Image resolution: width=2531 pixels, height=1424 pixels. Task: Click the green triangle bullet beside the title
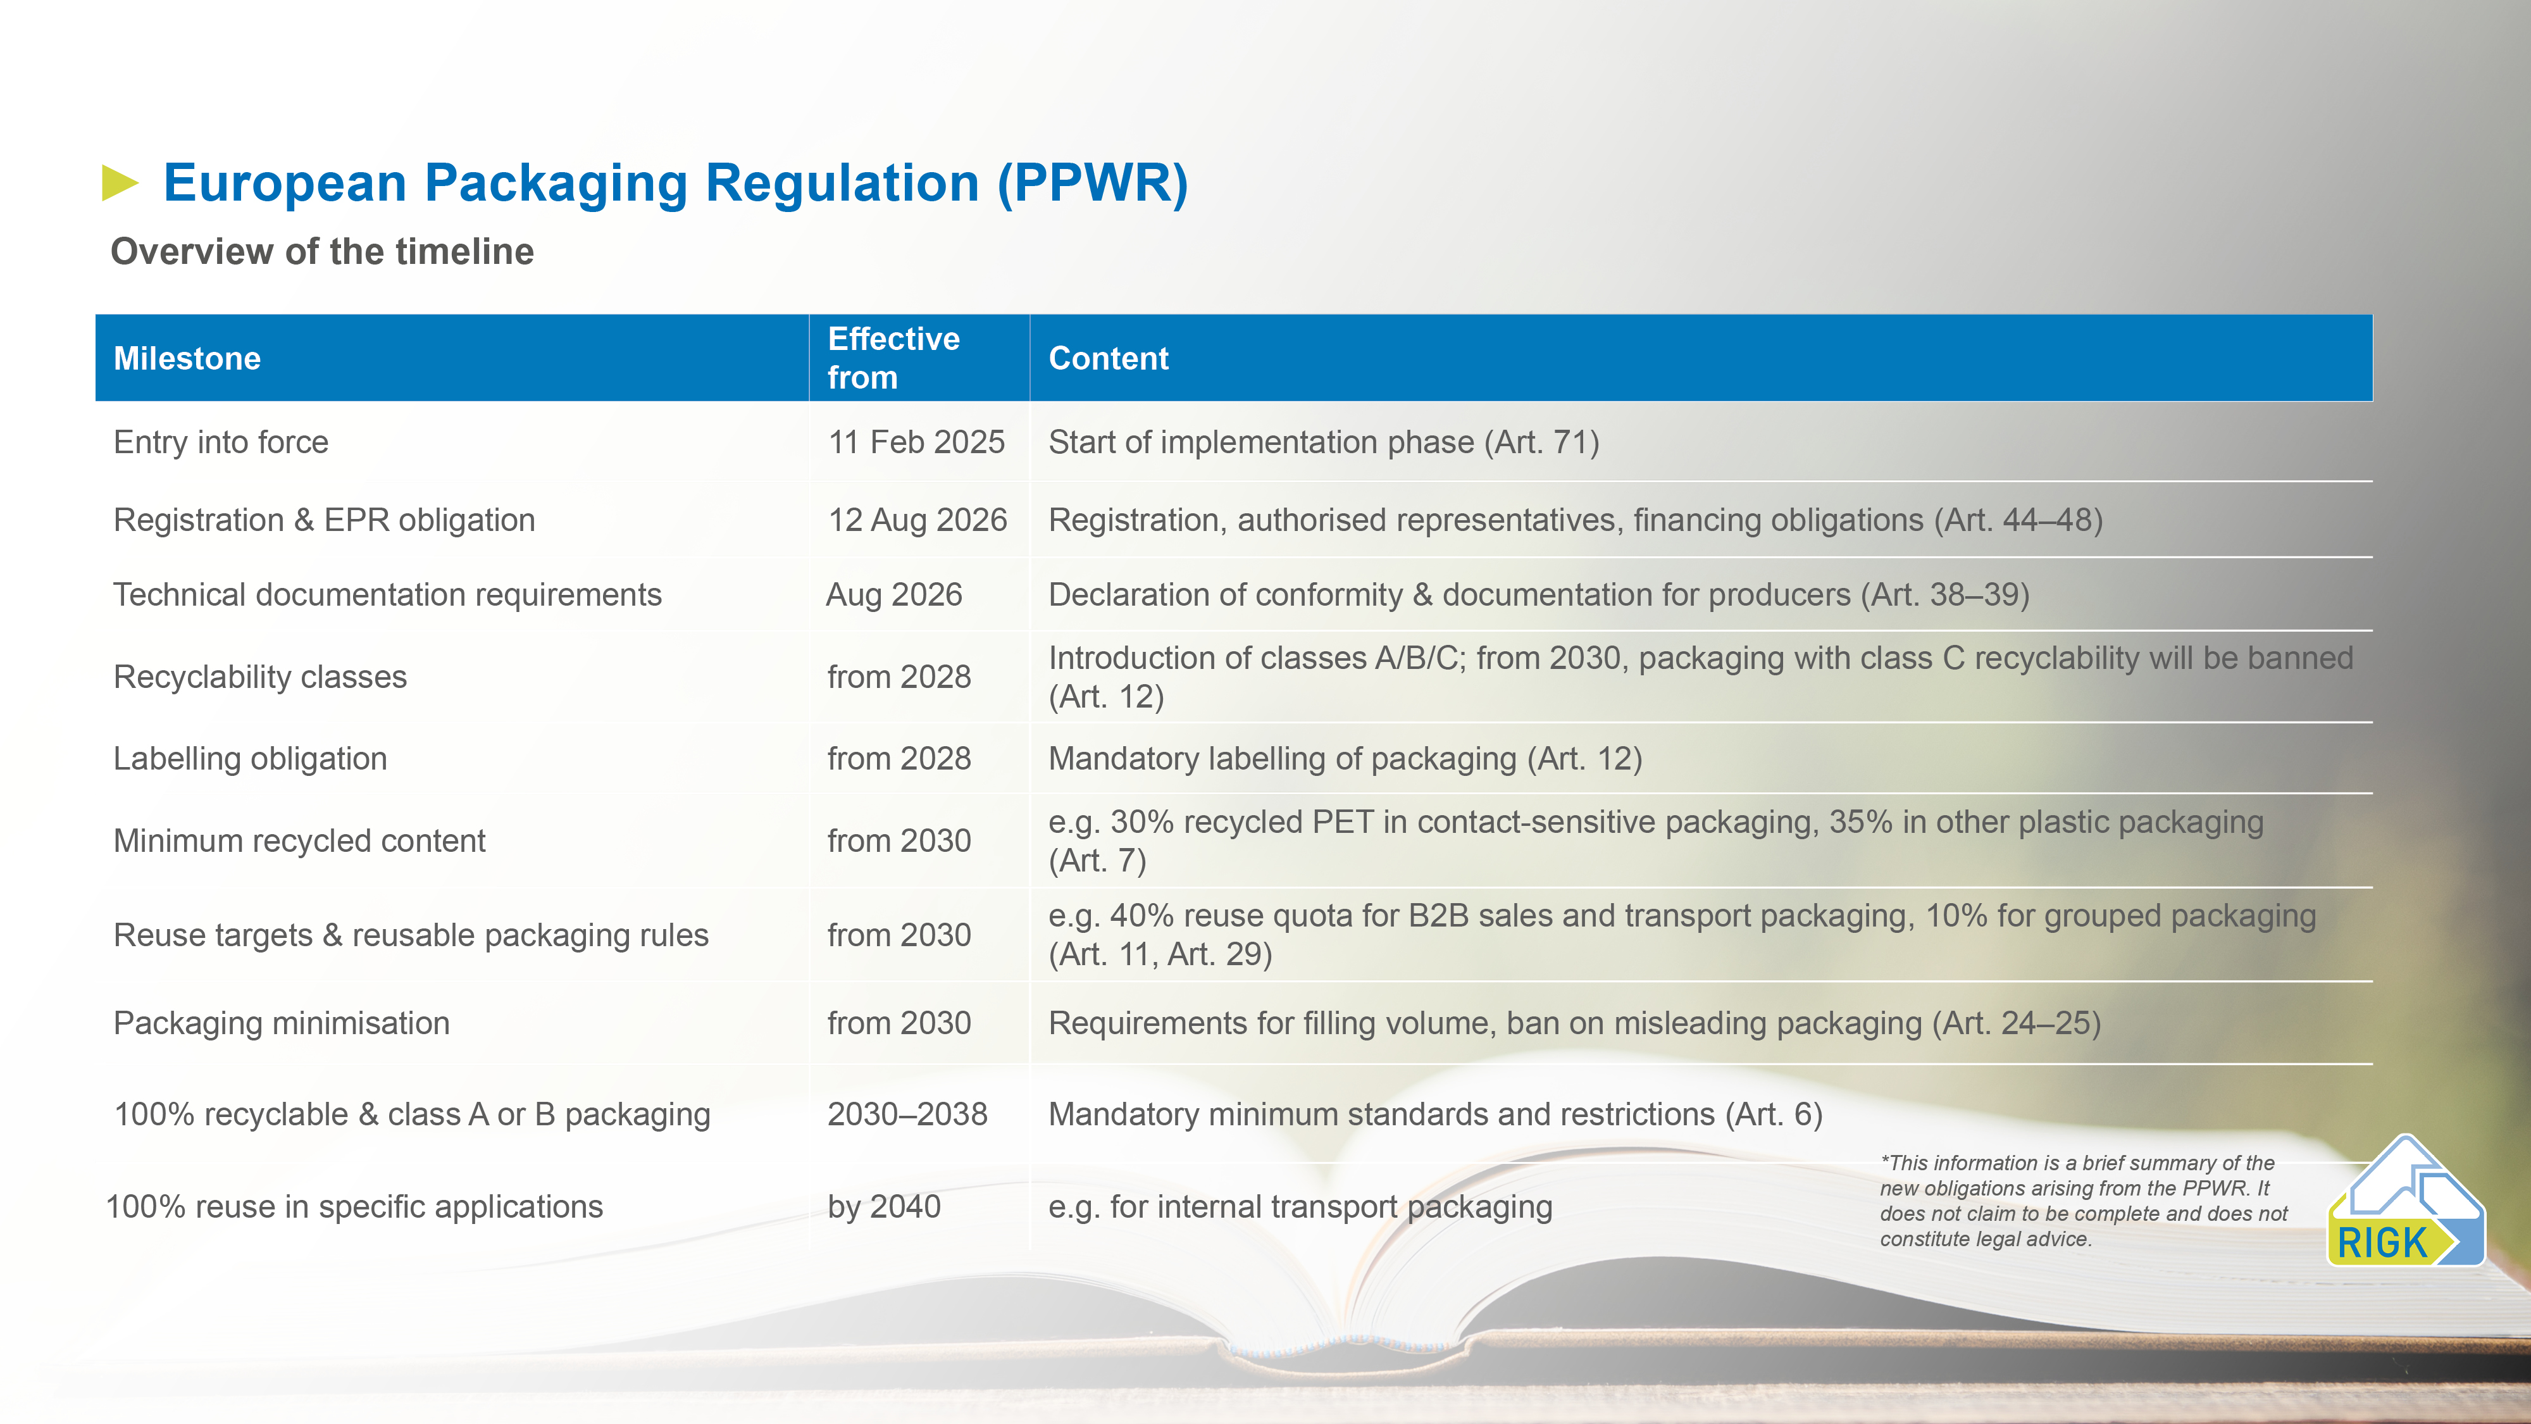[120, 184]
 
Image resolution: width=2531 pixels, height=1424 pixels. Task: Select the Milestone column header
[187, 359]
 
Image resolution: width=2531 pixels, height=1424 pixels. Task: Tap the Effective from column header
[893, 358]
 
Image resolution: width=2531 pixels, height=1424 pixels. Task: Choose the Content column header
[1109, 359]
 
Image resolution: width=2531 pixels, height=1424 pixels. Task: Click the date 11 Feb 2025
[916, 442]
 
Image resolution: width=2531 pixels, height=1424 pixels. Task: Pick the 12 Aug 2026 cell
[917, 520]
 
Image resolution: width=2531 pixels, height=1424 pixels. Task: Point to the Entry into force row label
[221, 442]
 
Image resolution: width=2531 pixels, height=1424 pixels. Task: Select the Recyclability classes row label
[260, 677]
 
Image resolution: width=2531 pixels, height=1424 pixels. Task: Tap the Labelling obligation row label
[251, 759]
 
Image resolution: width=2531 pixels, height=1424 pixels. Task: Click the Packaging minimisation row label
[282, 1023]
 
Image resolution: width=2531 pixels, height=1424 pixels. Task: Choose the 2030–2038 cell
[907, 1115]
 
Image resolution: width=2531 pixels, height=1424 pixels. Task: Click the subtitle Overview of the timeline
[322, 252]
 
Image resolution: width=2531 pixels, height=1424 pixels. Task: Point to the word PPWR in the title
[1093, 184]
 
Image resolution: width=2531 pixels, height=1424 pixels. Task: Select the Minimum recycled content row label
[300, 841]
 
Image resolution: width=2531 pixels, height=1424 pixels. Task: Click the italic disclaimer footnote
[2084, 1201]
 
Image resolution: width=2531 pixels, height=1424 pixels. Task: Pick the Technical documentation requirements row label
[388, 594]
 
